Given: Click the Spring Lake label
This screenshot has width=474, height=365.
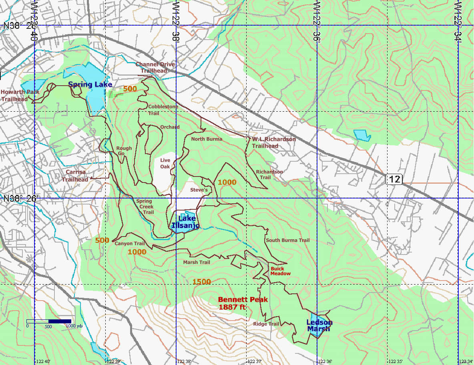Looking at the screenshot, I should pyautogui.click(x=90, y=84).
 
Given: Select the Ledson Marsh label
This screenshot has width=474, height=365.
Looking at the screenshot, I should pyautogui.click(x=319, y=325).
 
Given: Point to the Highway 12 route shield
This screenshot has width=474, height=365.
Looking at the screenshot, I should pyautogui.click(x=394, y=179).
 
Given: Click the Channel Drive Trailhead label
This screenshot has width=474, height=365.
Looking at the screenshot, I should pyautogui.click(x=155, y=67).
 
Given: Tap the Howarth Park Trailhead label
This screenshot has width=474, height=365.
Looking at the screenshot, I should pyautogui.click(x=20, y=95).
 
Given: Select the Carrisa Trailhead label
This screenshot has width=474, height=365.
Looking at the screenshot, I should pyautogui.click(x=76, y=176).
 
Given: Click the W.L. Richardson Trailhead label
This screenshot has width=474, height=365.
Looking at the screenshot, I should pyautogui.click(x=274, y=142).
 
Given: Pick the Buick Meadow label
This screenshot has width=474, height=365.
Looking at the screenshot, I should pyautogui.click(x=280, y=271).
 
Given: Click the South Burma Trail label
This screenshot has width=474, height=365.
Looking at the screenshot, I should pyautogui.click(x=287, y=240).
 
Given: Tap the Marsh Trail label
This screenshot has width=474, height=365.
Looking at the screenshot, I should pyautogui.click(x=197, y=262).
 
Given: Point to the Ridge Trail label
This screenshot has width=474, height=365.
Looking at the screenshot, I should pyautogui.click(x=266, y=324).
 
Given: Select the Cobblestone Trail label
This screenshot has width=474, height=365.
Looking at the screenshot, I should pyautogui.click(x=163, y=110).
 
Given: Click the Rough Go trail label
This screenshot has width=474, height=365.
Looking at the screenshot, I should pyautogui.click(x=124, y=151).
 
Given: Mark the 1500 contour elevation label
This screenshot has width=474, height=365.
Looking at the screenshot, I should pyautogui.click(x=201, y=282).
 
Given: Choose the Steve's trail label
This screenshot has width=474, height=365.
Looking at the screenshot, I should pyautogui.click(x=199, y=190).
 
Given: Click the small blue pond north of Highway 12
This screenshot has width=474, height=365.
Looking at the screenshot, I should pyautogui.click(x=362, y=135).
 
